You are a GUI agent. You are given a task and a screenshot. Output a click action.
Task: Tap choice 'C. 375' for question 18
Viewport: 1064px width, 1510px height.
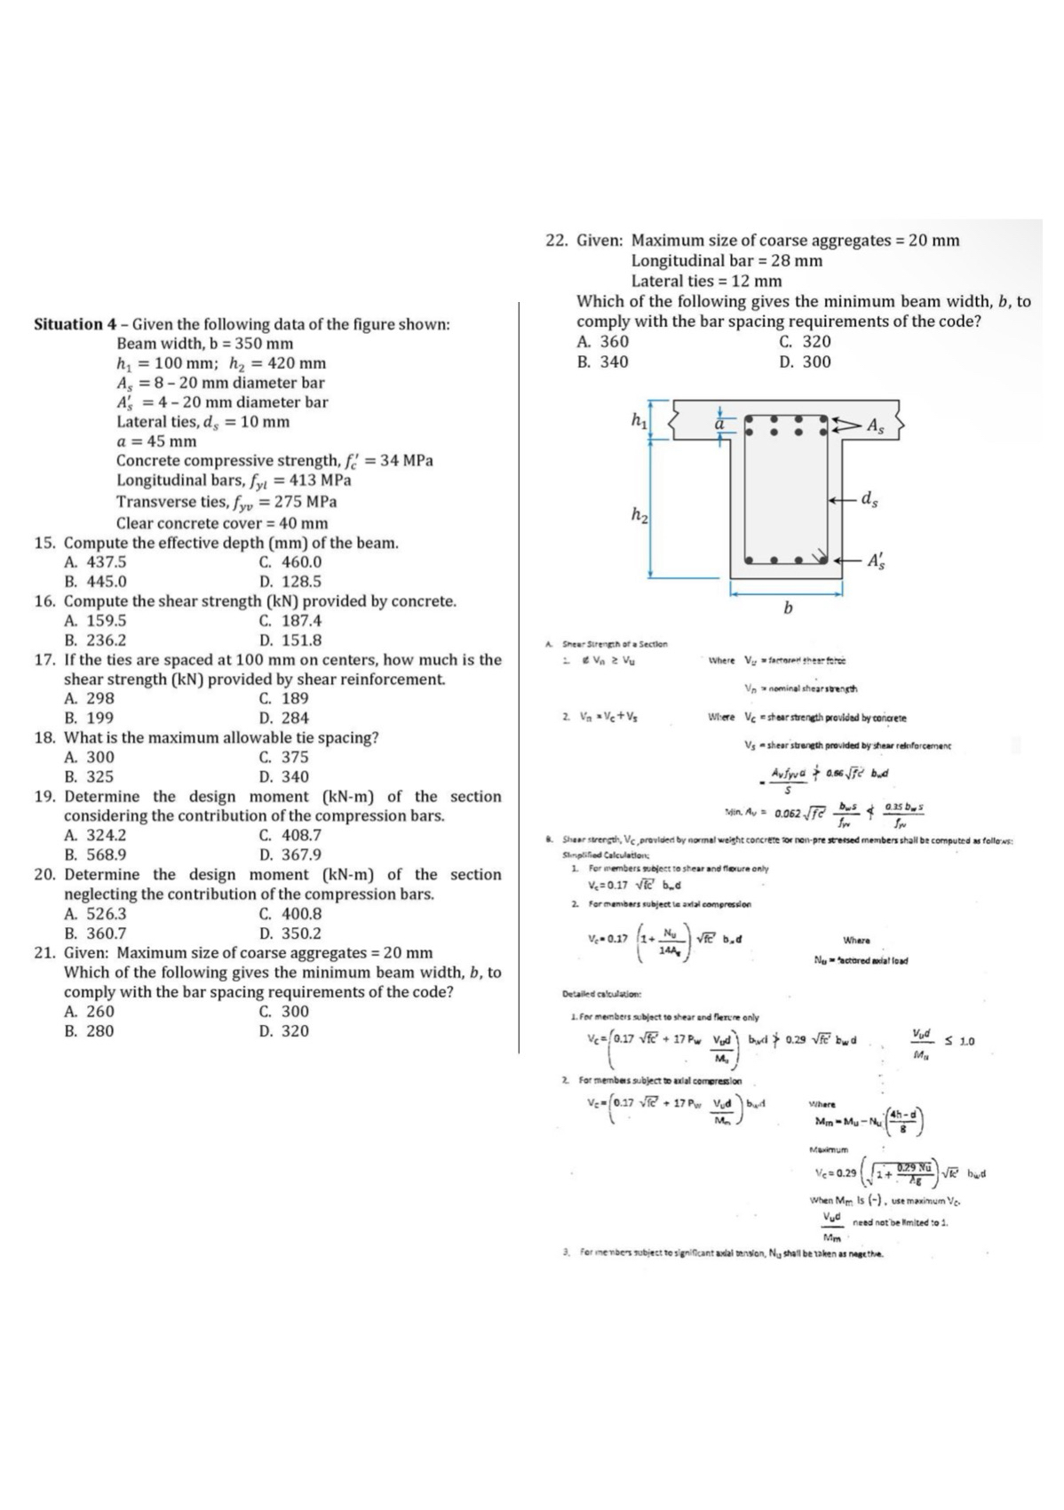(x=284, y=758)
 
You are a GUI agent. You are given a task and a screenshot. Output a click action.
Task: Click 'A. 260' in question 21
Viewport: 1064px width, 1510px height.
(x=90, y=1012)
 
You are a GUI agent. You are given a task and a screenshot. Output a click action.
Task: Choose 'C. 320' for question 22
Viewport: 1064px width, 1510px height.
(x=805, y=342)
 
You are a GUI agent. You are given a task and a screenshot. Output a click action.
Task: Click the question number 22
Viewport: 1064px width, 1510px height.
(x=555, y=241)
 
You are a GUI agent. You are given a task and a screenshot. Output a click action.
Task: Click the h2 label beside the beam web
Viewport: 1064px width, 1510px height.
(x=637, y=514)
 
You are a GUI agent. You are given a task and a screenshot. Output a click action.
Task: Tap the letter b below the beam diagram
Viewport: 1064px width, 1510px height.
(x=787, y=608)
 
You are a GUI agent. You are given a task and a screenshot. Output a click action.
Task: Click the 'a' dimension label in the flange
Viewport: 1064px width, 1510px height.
(x=721, y=425)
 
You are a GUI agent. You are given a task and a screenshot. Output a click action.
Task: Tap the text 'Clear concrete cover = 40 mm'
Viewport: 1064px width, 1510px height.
(x=222, y=523)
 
